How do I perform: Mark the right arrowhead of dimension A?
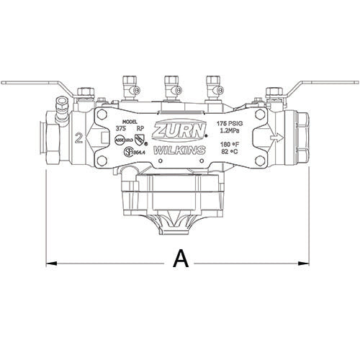[x=305, y=264]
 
